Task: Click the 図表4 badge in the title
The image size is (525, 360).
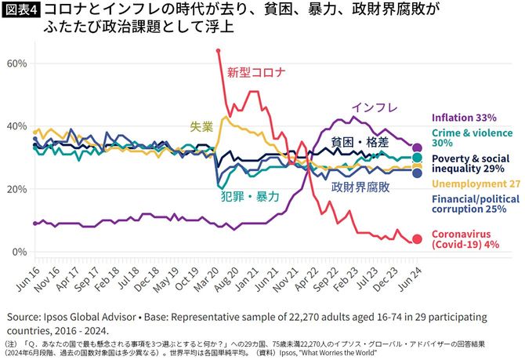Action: [21, 10]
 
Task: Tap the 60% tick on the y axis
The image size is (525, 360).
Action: [16, 62]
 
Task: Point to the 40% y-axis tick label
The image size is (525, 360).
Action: [16, 125]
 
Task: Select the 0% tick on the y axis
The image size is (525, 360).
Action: [20, 252]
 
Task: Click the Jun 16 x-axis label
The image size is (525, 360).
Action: [26, 276]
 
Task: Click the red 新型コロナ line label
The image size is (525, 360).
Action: [256, 73]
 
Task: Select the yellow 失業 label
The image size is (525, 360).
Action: [201, 125]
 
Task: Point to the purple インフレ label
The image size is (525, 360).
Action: [375, 107]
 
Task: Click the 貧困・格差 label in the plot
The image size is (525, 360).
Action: [358, 142]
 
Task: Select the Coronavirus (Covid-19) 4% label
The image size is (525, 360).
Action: [466, 238]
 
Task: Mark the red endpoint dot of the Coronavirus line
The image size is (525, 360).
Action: [417, 239]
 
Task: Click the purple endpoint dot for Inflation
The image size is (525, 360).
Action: [417, 147]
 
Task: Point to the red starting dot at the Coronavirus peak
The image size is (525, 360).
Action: [218, 51]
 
